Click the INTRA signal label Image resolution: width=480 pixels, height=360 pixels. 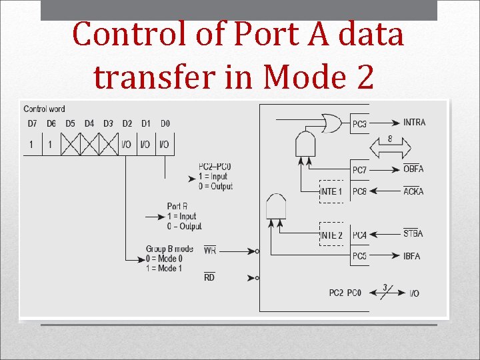pyautogui.click(x=414, y=122)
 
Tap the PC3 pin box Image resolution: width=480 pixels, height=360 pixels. pyautogui.click(x=359, y=123)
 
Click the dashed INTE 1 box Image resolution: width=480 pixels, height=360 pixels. pyautogui.click(x=331, y=191)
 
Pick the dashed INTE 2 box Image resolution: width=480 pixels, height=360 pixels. pyautogui.click(x=331, y=235)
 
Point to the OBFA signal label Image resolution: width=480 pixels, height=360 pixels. pyautogui.click(x=413, y=169)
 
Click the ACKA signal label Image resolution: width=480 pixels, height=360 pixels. pyautogui.click(x=413, y=191)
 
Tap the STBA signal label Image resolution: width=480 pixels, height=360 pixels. pyautogui.click(x=413, y=234)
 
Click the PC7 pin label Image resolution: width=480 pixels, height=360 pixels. pyautogui.click(x=359, y=170)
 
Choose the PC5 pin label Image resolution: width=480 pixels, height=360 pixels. pyautogui.click(x=359, y=256)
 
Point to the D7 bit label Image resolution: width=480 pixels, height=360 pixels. pyautogui.click(x=32, y=123)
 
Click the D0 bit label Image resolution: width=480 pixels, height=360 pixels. pyautogui.click(x=165, y=123)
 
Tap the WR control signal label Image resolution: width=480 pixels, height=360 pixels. pyautogui.click(x=209, y=251)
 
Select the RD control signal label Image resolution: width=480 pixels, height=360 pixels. pyautogui.click(x=209, y=277)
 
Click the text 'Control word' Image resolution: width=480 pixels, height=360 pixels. pyautogui.click(x=44, y=109)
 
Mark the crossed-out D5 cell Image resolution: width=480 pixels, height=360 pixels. pyautogui.click(x=70, y=144)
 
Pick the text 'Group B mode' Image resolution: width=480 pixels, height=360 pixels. pyautogui.click(x=169, y=249)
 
